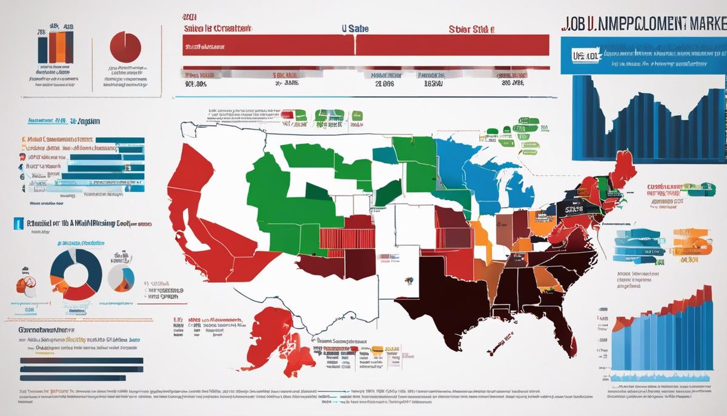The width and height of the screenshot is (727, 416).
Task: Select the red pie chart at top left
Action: coord(125,45)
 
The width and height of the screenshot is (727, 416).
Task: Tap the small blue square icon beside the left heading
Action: coord(19,224)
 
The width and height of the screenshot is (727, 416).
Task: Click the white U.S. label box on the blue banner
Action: coord(583,55)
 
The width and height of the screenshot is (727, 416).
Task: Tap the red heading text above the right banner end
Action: coord(471,29)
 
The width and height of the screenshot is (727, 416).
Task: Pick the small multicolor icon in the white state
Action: coord(410,280)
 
